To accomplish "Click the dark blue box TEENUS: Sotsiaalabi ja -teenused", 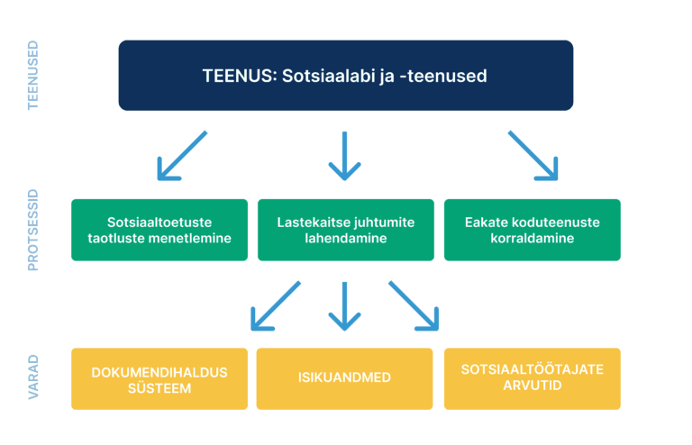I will coord(345,76).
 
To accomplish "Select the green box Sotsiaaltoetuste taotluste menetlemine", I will coord(159,230).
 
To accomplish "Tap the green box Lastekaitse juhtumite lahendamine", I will coord(345,230).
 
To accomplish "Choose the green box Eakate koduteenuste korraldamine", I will coord(533,230).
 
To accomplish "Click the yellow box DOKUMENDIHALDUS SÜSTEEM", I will coord(159,378).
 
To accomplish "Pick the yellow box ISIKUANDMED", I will coord(345,378).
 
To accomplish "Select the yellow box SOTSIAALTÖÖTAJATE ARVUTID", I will coord(533,378).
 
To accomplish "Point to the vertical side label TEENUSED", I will coord(34,76).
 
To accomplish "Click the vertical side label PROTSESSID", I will coord(34,230).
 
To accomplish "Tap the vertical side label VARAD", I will coord(34,378).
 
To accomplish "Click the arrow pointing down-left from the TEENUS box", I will coord(182,155).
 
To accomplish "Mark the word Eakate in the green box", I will coord(487,222).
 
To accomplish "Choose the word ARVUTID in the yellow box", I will coord(533,386).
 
